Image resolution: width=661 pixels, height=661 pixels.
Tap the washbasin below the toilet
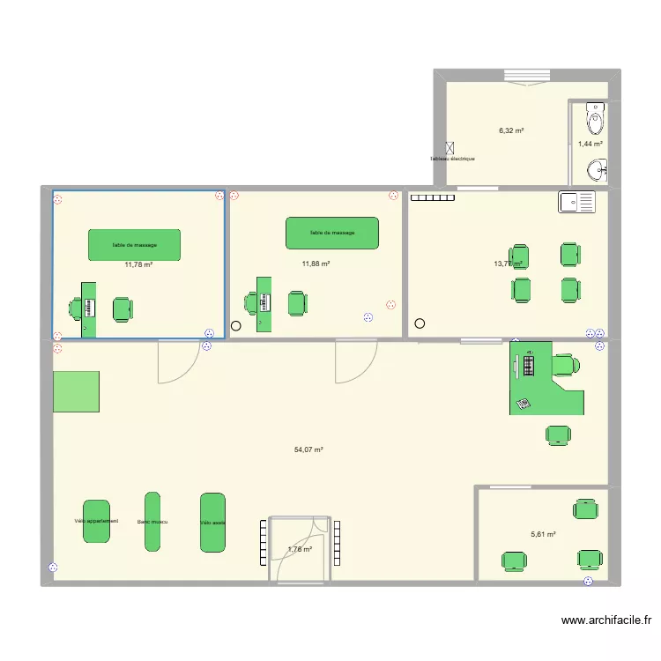[598, 167]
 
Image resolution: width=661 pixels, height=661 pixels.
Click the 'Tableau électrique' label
[452, 159]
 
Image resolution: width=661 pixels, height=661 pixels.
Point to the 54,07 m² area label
[308, 449]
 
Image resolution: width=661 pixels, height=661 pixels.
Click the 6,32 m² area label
[511, 130]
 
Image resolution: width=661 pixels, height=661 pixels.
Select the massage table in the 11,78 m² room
[134, 244]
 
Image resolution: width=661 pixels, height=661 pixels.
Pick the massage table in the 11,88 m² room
[332, 233]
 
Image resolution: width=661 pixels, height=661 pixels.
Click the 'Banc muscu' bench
[152, 522]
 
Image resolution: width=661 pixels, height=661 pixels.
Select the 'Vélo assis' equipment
[212, 522]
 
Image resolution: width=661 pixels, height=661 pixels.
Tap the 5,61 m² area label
[543, 534]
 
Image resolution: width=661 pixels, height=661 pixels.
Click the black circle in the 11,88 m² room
[235, 326]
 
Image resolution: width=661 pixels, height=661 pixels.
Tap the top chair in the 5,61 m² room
[584, 509]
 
